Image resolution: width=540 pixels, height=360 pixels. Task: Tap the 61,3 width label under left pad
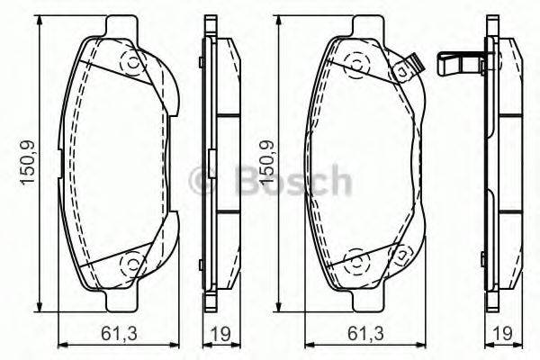pos(116,335)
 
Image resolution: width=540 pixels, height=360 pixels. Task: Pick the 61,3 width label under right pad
pos(364,335)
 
